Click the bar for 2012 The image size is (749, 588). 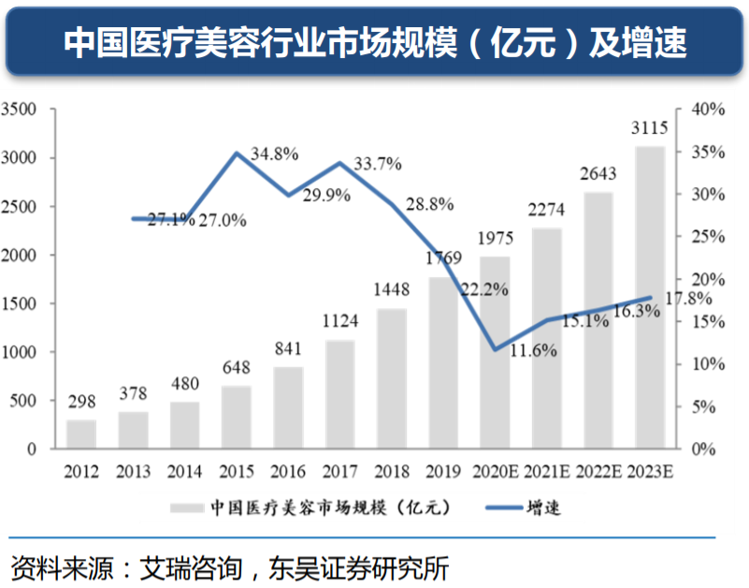(81, 434)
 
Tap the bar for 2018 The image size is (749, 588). (392, 378)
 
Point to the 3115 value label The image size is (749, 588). (650, 128)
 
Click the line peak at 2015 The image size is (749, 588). (238, 153)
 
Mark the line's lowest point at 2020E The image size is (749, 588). (496, 350)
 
